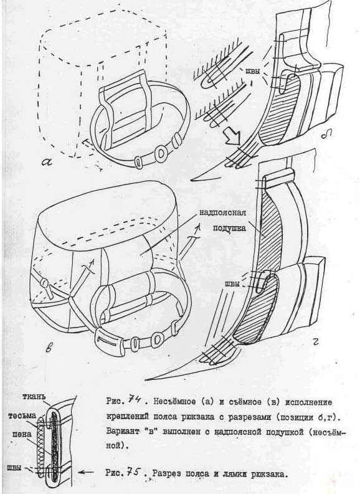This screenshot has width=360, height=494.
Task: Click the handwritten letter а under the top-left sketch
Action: (x=49, y=161)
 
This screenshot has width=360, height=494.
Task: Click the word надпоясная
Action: (x=222, y=212)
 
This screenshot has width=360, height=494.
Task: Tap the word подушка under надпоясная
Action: (x=229, y=228)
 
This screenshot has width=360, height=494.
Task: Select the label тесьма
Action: (x=22, y=416)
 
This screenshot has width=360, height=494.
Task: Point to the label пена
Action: (x=22, y=434)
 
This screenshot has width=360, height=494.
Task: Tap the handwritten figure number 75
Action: (x=133, y=472)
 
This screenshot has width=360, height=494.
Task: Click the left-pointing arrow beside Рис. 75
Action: (x=85, y=472)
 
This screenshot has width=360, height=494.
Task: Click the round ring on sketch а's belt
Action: (x=161, y=153)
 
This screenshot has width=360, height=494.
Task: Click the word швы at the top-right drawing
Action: (x=253, y=71)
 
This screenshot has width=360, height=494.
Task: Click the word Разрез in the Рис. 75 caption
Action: (x=168, y=473)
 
